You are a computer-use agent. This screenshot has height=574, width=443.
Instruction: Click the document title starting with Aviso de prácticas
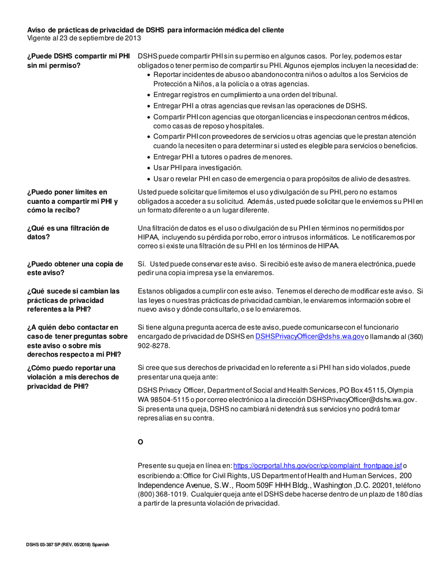[x=155, y=30]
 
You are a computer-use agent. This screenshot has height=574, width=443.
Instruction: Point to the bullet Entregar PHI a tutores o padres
[x=223, y=157]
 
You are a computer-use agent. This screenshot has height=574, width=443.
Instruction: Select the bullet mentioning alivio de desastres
[x=282, y=179]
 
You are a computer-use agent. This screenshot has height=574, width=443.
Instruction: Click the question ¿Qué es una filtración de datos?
[x=68, y=232]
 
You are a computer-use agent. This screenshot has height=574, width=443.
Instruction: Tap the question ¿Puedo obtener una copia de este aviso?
[x=75, y=268]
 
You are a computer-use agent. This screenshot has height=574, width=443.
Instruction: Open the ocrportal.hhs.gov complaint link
[x=317, y=466]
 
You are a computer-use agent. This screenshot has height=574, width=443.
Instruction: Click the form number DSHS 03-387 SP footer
[x=68, y=545]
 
